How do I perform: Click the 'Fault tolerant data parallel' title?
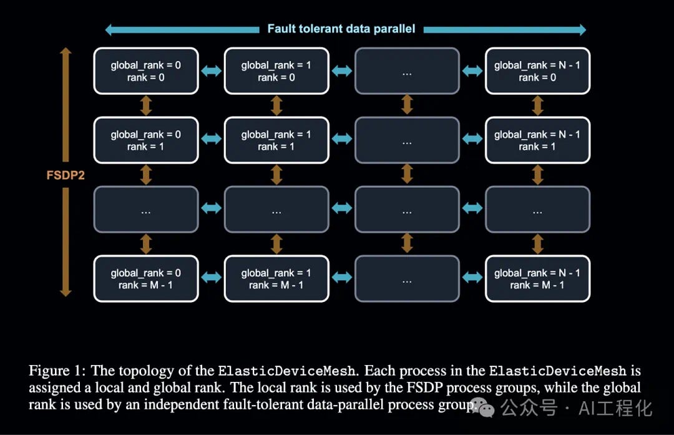click(x=341, y=29)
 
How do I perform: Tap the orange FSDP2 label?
click(x=66, y=175)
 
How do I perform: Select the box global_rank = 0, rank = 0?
click(x=146, y=71)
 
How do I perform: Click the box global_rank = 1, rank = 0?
click(x=276, y=71)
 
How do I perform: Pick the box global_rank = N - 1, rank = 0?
click(x=537, y=71)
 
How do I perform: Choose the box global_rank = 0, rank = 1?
click(x=146, y=140)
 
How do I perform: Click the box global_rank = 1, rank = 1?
click(x=276, y=140)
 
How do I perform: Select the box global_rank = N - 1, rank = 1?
click(x=537, y=140)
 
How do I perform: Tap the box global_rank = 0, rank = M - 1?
click(x=146, y=279)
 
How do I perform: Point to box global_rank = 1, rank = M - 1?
click(x=276, y=279)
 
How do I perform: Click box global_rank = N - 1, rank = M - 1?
click(x=537, y=279)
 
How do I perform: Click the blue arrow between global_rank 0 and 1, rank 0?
click(x=211, y=71)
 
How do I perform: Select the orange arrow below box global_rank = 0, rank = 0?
click(x=146, y=105)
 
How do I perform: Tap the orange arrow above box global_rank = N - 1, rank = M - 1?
click(x=537, y=245)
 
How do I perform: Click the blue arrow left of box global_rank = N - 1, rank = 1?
click(x=472, y=140)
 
